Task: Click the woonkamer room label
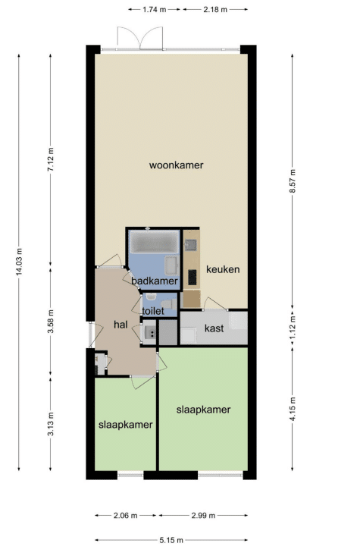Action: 177,165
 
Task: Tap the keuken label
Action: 223,269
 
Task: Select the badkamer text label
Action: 154,281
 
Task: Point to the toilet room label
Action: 153,311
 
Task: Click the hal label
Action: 121,325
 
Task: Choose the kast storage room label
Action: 214,328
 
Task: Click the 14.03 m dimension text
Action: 19,262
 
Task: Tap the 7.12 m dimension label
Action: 51,159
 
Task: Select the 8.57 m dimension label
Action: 293,181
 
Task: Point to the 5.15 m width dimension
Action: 171,540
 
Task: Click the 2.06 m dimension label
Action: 125,515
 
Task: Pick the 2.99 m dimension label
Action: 203,515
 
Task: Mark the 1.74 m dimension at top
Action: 155,10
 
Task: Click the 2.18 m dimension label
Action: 215,10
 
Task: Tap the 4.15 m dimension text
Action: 293,409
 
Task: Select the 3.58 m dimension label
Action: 51,322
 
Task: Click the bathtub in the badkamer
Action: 155,242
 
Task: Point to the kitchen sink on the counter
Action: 191,245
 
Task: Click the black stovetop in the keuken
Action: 193,278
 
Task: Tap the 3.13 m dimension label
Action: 51,424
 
